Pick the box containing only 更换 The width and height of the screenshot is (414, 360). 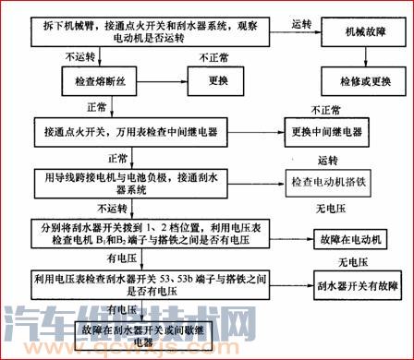coord(217,80)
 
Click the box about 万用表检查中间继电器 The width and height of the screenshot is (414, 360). coord(156,131)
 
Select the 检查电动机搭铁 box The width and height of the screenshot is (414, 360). coord(341,178)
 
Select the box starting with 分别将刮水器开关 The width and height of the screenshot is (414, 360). coord(156,235)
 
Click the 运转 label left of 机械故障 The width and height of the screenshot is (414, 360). coord(299,21)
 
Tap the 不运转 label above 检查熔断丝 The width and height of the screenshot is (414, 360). coord(81,57)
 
